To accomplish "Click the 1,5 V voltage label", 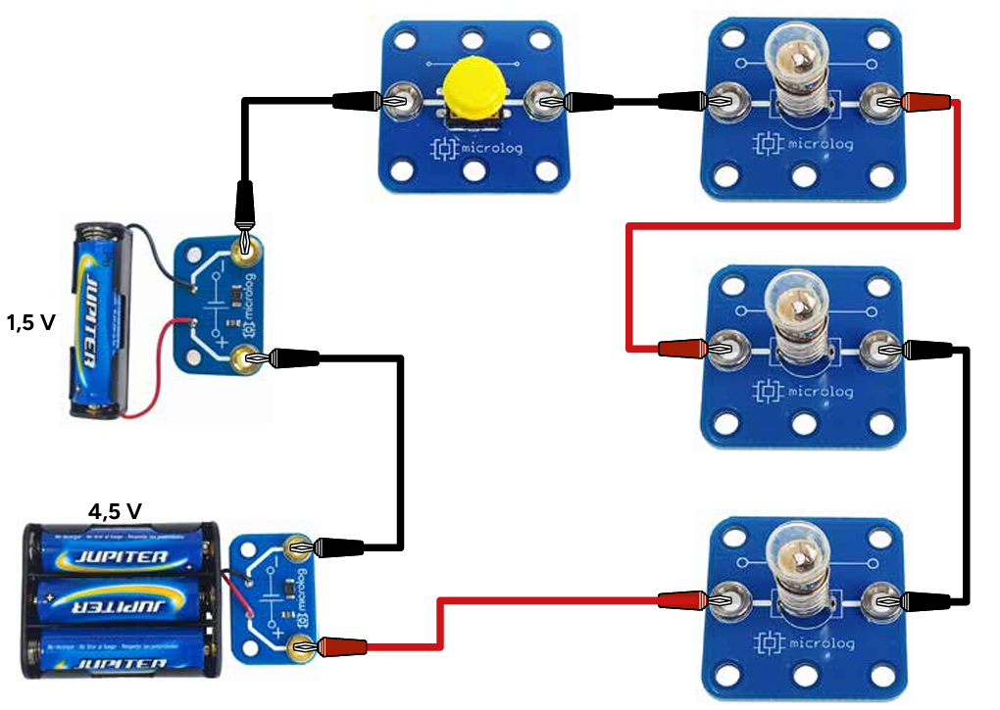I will point(31,321).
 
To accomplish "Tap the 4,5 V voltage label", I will point(115,510).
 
